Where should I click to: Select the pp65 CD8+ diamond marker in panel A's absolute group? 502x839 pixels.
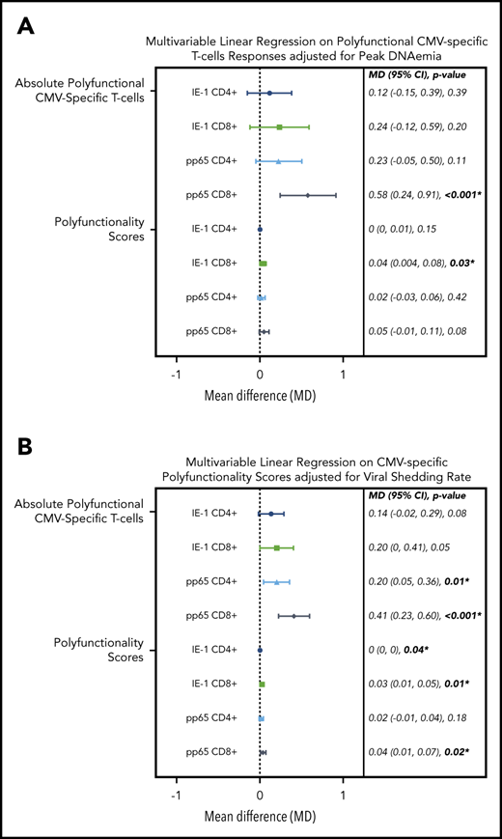click(x=308, y=195)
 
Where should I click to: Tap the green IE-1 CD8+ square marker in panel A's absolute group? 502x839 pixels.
click(x=279, y=126)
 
